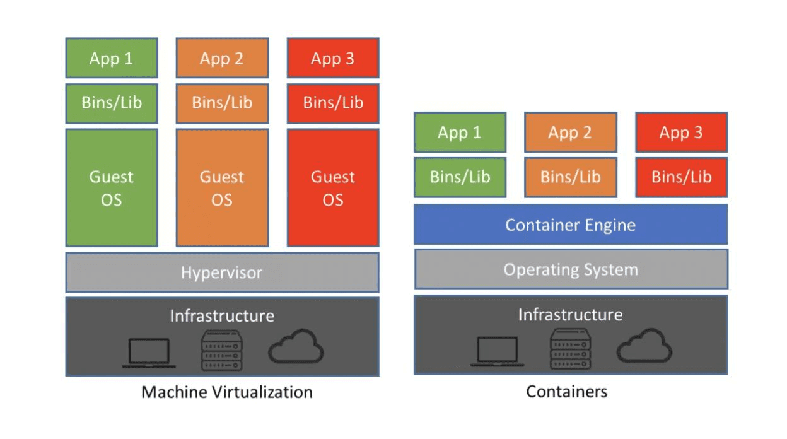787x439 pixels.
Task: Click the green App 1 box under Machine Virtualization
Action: (112, 59)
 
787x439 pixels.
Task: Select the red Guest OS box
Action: (333, 187)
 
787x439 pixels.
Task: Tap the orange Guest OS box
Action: (222, 187)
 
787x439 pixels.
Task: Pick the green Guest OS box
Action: (112, 187)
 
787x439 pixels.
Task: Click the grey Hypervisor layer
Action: (222, 272)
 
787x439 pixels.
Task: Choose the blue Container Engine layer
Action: (571, 225)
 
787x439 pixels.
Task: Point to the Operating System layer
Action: (571, 269)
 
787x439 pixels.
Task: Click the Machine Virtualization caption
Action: (227, 392)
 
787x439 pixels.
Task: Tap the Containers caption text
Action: (568, 392)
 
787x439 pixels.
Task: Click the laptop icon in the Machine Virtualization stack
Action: (149, 353)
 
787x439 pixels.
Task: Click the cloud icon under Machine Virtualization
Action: (296, 346)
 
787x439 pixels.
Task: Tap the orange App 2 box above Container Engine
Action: (570, 132)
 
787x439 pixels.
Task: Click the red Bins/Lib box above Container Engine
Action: (681, 177)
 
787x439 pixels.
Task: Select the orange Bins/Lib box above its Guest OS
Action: (222, 103)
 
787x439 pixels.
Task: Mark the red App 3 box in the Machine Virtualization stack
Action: (333, 59)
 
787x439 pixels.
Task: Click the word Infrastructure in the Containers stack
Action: (571, 314)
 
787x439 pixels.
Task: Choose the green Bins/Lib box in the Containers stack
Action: (460, 177)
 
